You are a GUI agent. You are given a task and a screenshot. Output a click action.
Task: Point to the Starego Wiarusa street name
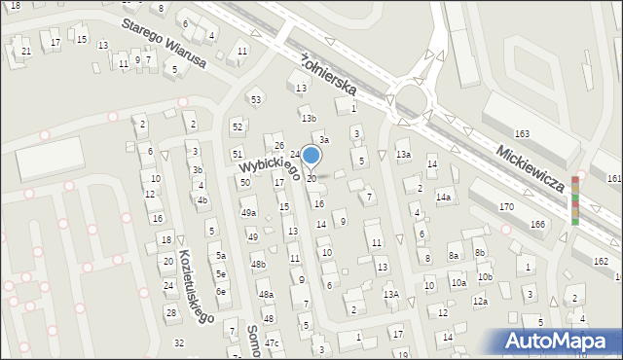165,44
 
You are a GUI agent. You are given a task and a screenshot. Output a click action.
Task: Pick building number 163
522,133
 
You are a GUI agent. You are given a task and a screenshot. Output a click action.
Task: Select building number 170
506,206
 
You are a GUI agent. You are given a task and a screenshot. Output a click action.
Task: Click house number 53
256,99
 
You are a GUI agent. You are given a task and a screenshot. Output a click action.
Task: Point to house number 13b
309,118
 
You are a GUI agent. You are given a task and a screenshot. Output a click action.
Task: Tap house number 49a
249,212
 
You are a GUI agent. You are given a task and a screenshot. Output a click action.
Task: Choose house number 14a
444,197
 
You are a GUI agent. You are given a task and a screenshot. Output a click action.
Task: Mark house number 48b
258,264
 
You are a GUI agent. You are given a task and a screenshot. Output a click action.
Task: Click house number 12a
480,302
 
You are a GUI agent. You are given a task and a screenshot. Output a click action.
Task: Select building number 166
537,224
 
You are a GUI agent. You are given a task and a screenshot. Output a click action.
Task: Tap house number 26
278,146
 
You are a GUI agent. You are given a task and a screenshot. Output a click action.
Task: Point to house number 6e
221,291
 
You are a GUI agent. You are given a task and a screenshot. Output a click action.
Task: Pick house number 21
26,51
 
